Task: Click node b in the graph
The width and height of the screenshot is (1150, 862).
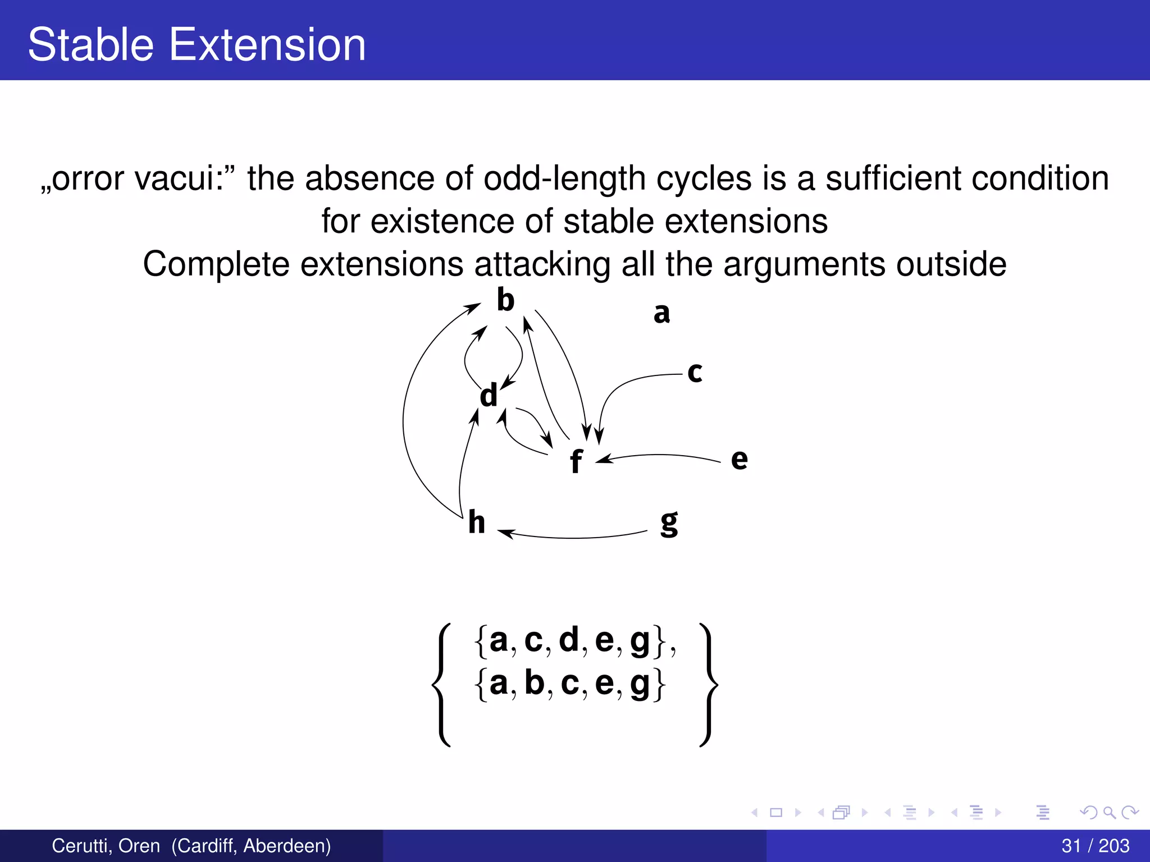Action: pyautogui.click(x=505, y=300)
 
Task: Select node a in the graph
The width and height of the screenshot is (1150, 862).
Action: pyautogui.click(x=661, y=313)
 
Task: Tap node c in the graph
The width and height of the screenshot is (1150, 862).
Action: pyautogui.click(x=695, y=372)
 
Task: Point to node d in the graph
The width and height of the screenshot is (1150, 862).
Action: pyautogui.click(x=489, y=395)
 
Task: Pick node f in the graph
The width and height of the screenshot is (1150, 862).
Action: pyautogui.click(x=576, y=461)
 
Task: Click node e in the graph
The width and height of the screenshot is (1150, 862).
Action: pyautogui.click(x=739, y=459)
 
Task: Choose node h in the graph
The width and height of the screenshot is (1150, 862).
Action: pyautogui.click(x=477, y=522)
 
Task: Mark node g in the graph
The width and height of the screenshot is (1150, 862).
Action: pyautogui.click(x=669, y=523)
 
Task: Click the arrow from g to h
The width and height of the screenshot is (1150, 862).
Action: pyautogui.click(x=573, y=537)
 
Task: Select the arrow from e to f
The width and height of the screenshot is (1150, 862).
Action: pyautogui.click(x=660, y=455)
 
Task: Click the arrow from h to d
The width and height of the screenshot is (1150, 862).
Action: pyautogui.click(x=464, y=466)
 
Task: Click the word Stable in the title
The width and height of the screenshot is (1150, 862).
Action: pyautogui.click(x=90, y=44)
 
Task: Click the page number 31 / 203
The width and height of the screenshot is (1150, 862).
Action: pyautogui.click(x=1095, y=845)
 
